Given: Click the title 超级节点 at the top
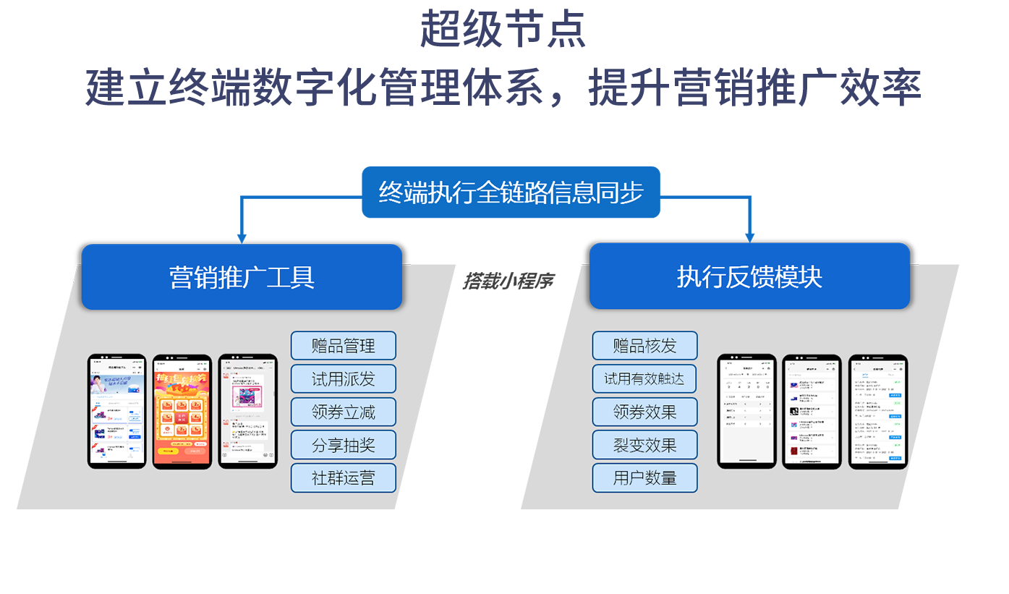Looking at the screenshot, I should (503, 30).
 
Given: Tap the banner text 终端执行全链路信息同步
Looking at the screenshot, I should (511, 192).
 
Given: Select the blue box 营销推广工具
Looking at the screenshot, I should (242, 277).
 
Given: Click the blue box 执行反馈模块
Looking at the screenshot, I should (749, 276).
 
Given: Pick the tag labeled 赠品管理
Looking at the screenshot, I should (344, 346).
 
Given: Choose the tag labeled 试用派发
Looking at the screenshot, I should (344, 379).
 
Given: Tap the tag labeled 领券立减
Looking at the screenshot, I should (344, 412).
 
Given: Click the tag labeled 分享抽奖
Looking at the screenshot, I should (344, 445).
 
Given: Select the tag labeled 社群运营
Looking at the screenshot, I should (344, 478).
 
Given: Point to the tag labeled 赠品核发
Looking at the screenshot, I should (644, 346).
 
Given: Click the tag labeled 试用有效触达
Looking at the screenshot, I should (644, 379).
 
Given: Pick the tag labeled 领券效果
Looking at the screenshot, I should (644, 412).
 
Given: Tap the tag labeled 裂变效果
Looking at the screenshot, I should (644, 445).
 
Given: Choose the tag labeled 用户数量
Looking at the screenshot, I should (644, 478).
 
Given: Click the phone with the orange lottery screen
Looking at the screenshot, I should (182, 412).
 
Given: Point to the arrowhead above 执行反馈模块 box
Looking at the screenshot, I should (750, 235).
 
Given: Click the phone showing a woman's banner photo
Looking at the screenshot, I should (116, 412).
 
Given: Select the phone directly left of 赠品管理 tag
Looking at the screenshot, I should (248, 412).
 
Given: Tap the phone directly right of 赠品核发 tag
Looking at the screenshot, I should (746, 412).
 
